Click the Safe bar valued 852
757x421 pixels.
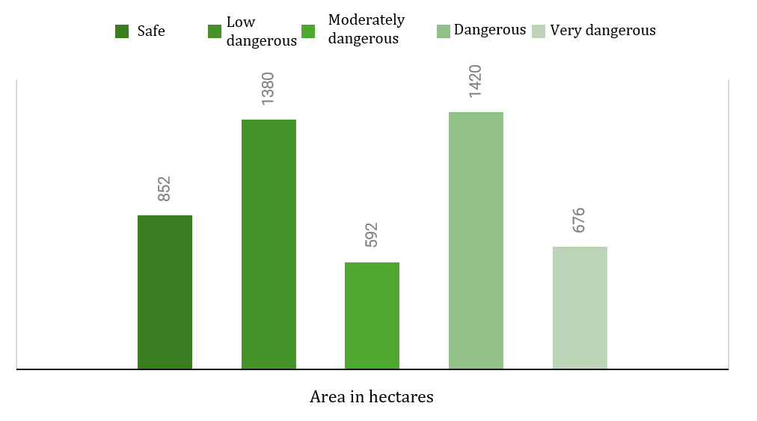coord(165,292)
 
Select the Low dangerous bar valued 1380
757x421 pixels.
coord(269,245)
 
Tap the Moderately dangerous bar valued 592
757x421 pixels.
coord(372,316)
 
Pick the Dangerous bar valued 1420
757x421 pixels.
coord(476,241)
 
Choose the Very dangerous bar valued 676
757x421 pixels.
coord(580,308)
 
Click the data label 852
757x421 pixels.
coord(164,188)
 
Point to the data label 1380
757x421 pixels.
coord(268,88)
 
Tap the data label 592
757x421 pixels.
coord(371,235)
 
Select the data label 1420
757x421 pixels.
coord(475,81)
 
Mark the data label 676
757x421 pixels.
coord(578,220)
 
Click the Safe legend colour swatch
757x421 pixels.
coord(122,31)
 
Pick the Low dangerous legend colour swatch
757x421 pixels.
coord(215,31)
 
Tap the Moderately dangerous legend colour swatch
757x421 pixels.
coord(308,31)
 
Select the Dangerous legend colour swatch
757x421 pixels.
coord(443,31)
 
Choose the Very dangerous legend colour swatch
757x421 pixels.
coord(539,31)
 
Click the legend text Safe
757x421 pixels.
coord(151,31)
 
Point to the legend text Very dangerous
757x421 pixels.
coord(603,31)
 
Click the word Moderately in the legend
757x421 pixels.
coord(367,20)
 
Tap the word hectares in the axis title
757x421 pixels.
coord(401,396)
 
